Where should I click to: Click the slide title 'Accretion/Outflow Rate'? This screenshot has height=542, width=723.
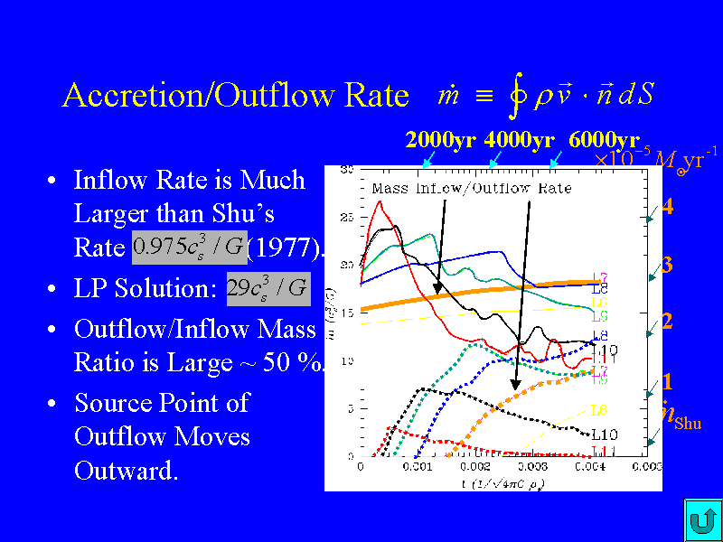click(x=235, y=96)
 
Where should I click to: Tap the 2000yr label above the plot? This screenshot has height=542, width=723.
click(x=440, y=140)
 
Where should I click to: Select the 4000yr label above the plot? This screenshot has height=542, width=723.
click(x=519, y=140)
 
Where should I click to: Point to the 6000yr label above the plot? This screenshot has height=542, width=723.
click(x=604, y=140)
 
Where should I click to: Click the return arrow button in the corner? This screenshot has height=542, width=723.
click(x=700, y=520)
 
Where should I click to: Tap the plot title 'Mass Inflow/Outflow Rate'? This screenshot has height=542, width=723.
click(x=471, y=188)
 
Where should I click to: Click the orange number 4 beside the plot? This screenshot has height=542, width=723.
click(x=667, y=207)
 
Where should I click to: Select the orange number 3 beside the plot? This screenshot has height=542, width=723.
click(x=667, y=266)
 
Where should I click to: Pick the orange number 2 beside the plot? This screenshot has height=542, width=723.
click(x=667, y=321)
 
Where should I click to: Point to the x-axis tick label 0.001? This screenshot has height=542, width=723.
click(x=418, y=467)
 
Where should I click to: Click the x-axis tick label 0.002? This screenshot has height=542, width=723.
click(x=474, y=467)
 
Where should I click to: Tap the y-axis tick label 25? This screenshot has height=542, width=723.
click(x=347, y=217)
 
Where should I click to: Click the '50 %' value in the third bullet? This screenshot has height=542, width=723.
click(x=299, y=363)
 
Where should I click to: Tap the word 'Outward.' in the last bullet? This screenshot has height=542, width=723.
click(x=126, y=472)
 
